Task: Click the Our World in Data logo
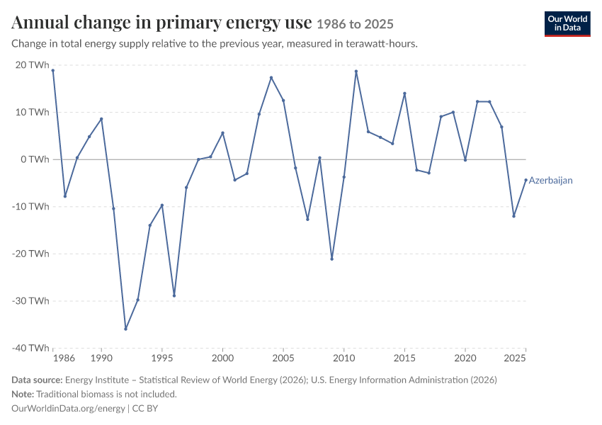(567, 24)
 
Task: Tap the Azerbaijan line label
(550, 181)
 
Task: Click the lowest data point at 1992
(125, 329)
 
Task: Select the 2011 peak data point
(356, 72)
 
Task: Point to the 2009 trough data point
(331, 259)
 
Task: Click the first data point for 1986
(53, 71)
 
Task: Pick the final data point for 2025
(526, 180)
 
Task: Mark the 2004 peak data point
(271, 77)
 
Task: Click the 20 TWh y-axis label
(33, 65)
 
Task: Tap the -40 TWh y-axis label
(30, 348)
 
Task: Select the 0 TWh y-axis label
(35, 159)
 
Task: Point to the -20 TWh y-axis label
(30, 254)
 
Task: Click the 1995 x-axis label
(162, 358)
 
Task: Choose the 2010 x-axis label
(344, 358)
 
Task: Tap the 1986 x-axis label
(64, 358)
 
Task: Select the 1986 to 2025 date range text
(355, 25)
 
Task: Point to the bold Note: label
(23, 395)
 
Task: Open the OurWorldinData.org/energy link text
(68, 409)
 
